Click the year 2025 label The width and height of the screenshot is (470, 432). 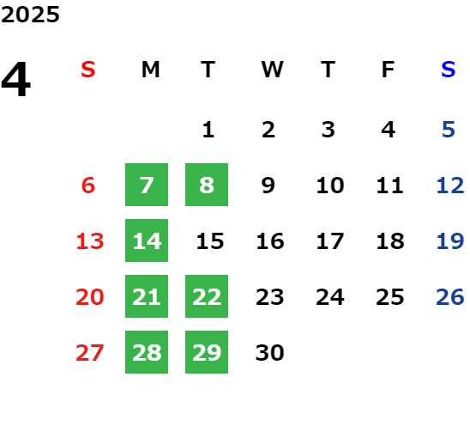click(30, 15)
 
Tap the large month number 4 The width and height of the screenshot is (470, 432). click(16, 79)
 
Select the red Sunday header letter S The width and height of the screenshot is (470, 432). click(88, 70)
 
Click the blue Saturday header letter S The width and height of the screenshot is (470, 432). click(448, 70)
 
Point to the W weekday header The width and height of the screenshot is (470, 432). click(272, 70)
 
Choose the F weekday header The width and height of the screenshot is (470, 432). click(388, 70)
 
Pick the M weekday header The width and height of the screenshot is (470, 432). click(150, 70)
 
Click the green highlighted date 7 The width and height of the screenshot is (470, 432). click(147, 185)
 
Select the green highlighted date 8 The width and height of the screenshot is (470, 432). click(207, 185)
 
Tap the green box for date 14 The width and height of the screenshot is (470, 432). click(147, 240)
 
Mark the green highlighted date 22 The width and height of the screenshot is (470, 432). click(207, 296)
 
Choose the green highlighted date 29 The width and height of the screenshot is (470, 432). click(207, 352)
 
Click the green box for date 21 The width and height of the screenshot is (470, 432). click(147, 296)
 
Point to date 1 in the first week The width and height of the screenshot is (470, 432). click(208, 130)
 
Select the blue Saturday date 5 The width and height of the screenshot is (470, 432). click(449, 130)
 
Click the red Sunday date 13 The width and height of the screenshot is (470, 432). click(90, 241)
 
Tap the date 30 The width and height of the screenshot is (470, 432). click(270, 353)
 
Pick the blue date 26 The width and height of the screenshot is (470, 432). click(450, 297)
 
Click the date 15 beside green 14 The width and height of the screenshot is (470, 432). click(210, 241)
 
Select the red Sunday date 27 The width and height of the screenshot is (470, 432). click(90, 353)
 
